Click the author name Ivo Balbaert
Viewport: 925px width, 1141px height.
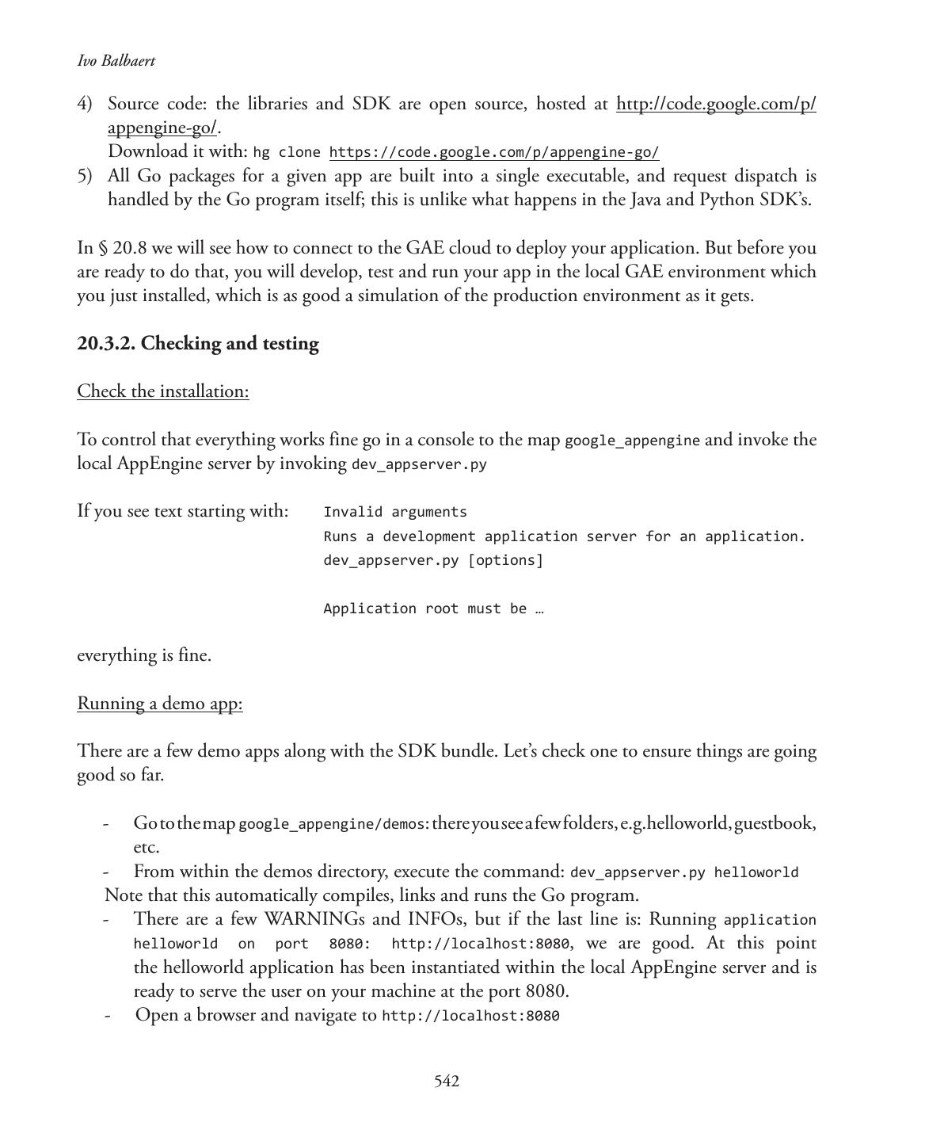coord(116,61)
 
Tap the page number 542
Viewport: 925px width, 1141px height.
coord(447,1082)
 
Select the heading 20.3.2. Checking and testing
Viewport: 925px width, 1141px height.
coord(198,344)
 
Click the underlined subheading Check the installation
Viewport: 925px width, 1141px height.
coord(163,391)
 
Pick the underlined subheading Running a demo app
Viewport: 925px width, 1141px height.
coord(160,704)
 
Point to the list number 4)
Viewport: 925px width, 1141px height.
coord(85,104)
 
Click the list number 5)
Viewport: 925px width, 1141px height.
coord(85,176)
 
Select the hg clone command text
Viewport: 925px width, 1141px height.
coord(287,152)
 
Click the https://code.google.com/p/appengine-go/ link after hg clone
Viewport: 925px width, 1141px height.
coord(494,152)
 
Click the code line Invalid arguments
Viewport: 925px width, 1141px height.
coord(395,512)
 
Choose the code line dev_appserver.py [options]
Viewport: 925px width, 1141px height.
coord(433,560)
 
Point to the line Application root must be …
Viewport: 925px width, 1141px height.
coord(433,609)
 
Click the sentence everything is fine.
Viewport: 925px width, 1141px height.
coord(144,655)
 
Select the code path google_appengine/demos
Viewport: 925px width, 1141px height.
coord(332,825)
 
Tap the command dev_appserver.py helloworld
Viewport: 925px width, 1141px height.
coord(684,872)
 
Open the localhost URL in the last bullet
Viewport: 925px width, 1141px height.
coord(470,1016)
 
